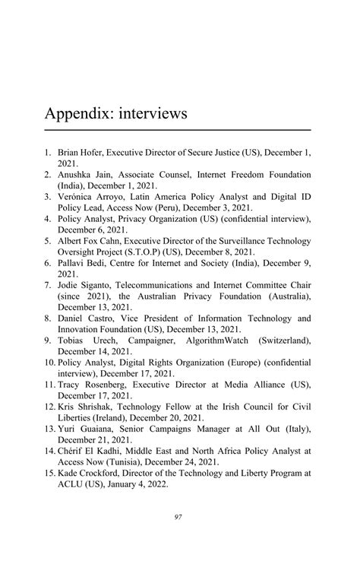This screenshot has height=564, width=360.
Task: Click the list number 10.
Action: (x=49, y=363)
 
